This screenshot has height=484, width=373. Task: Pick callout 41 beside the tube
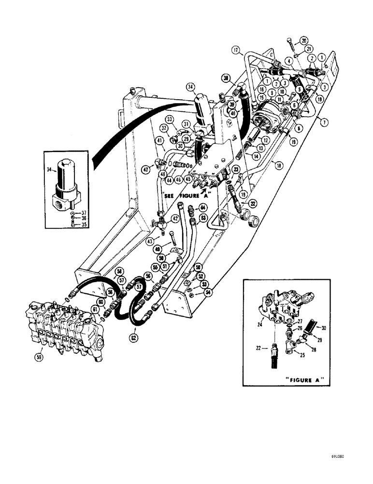[158, 141]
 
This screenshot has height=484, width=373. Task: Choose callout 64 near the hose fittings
[203, 208]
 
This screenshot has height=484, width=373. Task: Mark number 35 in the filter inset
[72, 224]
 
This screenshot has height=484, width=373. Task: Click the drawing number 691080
[340, 456]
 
